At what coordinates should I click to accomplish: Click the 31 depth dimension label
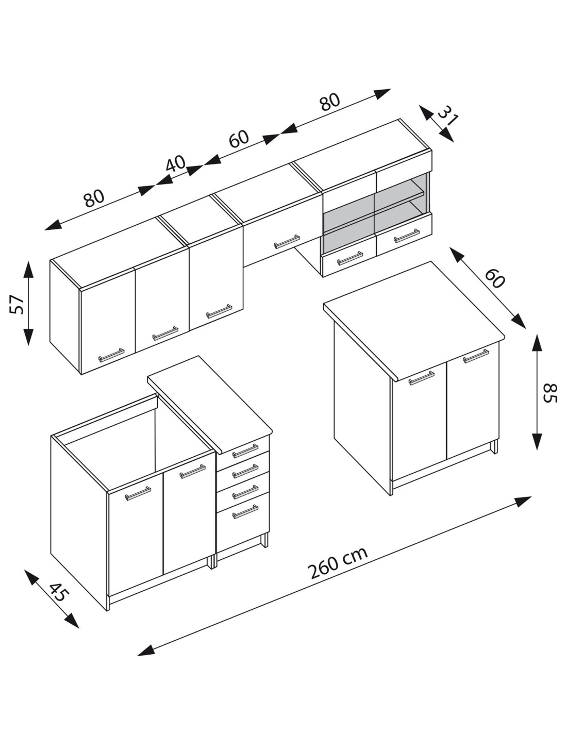447,116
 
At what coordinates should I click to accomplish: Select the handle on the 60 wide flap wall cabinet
287,242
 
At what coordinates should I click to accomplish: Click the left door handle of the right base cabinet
421,378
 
